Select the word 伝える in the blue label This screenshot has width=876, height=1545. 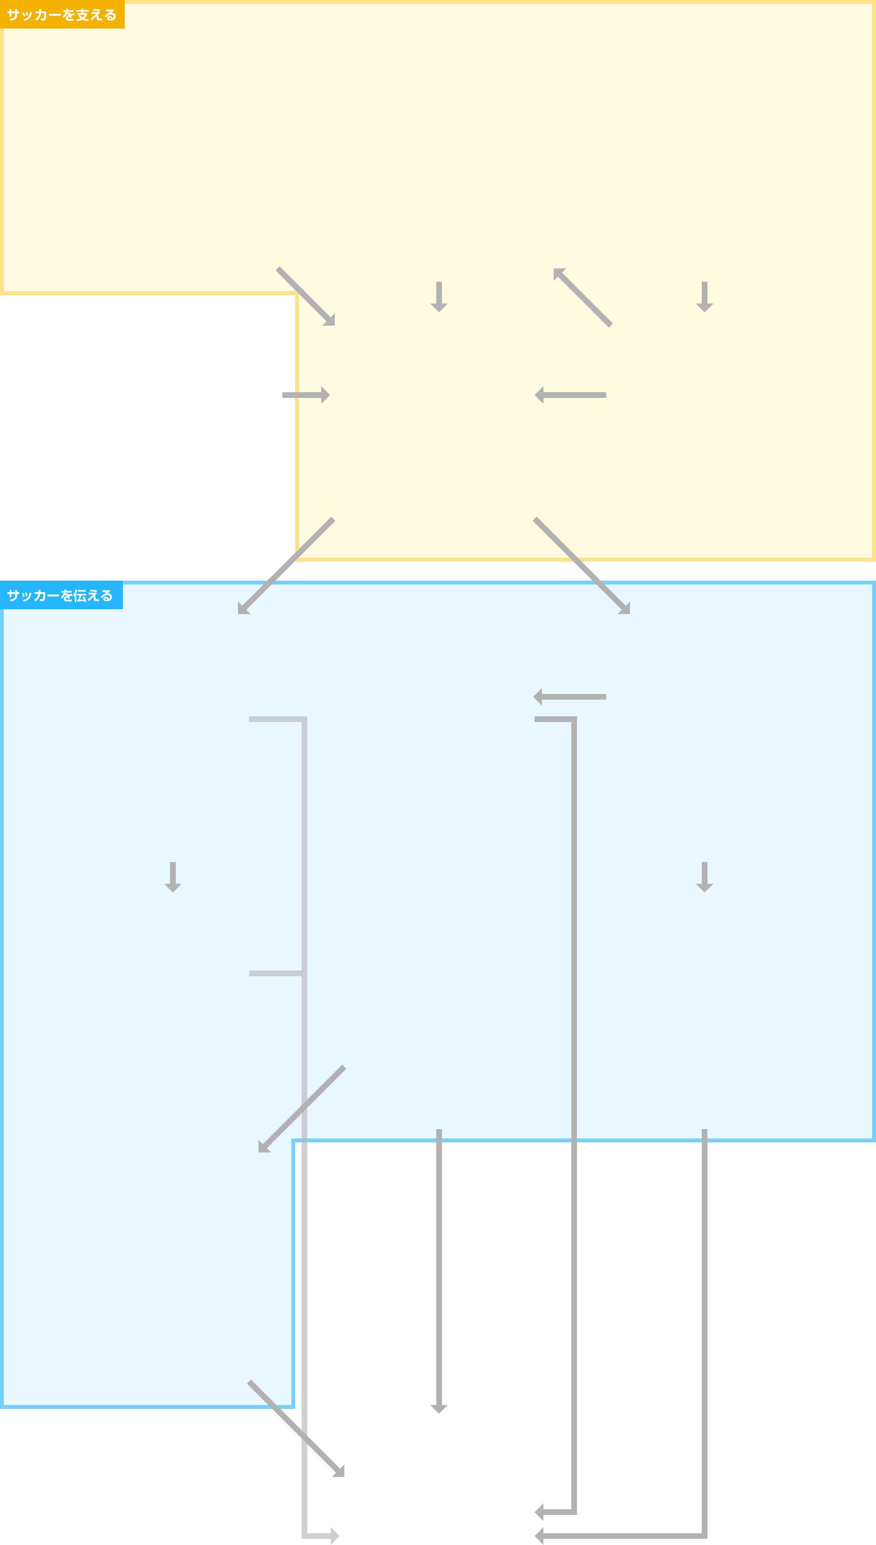[x=93, y=595]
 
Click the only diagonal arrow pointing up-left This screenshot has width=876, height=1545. [x=582, y=297]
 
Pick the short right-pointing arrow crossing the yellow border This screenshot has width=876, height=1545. [x=306, y=395]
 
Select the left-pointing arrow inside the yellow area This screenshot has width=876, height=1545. [x=570, y=395]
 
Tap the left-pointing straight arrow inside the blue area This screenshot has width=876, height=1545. [x=570, y=696]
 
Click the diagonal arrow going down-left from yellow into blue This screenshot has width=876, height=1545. [x=286, y=565]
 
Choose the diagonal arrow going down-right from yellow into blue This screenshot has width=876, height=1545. [x=582, y=565]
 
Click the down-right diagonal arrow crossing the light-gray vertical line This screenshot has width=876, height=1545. [x=296, y=1428]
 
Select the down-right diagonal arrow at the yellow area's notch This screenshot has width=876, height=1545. [x=306, y=297]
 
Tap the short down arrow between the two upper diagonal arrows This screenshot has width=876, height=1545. [x=439, y=297]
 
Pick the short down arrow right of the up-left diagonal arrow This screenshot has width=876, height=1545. [x=705, y=297]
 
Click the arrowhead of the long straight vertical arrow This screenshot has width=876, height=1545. [x=439, y=1408]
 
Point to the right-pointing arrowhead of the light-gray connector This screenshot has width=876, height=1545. [x=335, y=1535]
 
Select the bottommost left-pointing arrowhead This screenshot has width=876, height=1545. [x=539, y=1535]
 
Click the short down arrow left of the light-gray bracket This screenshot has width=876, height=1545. [x=173, y=877]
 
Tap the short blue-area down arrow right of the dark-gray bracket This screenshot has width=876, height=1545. [x=705, y=877]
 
